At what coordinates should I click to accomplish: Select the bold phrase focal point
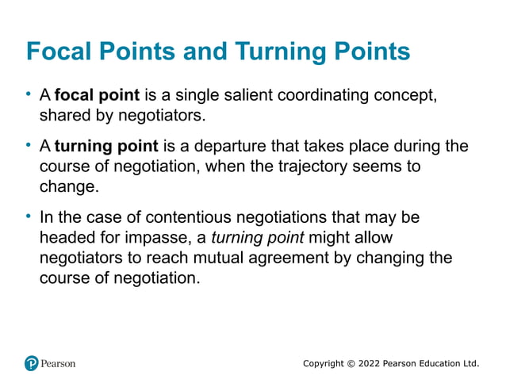[x=97, y=96]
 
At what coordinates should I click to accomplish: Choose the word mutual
[x=226, y=258]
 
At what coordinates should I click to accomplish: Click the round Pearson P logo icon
[x=32, y=363]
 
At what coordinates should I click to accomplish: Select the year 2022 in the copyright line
[x=369, y=363]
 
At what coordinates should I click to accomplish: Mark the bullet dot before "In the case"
[x=29, y=216]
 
